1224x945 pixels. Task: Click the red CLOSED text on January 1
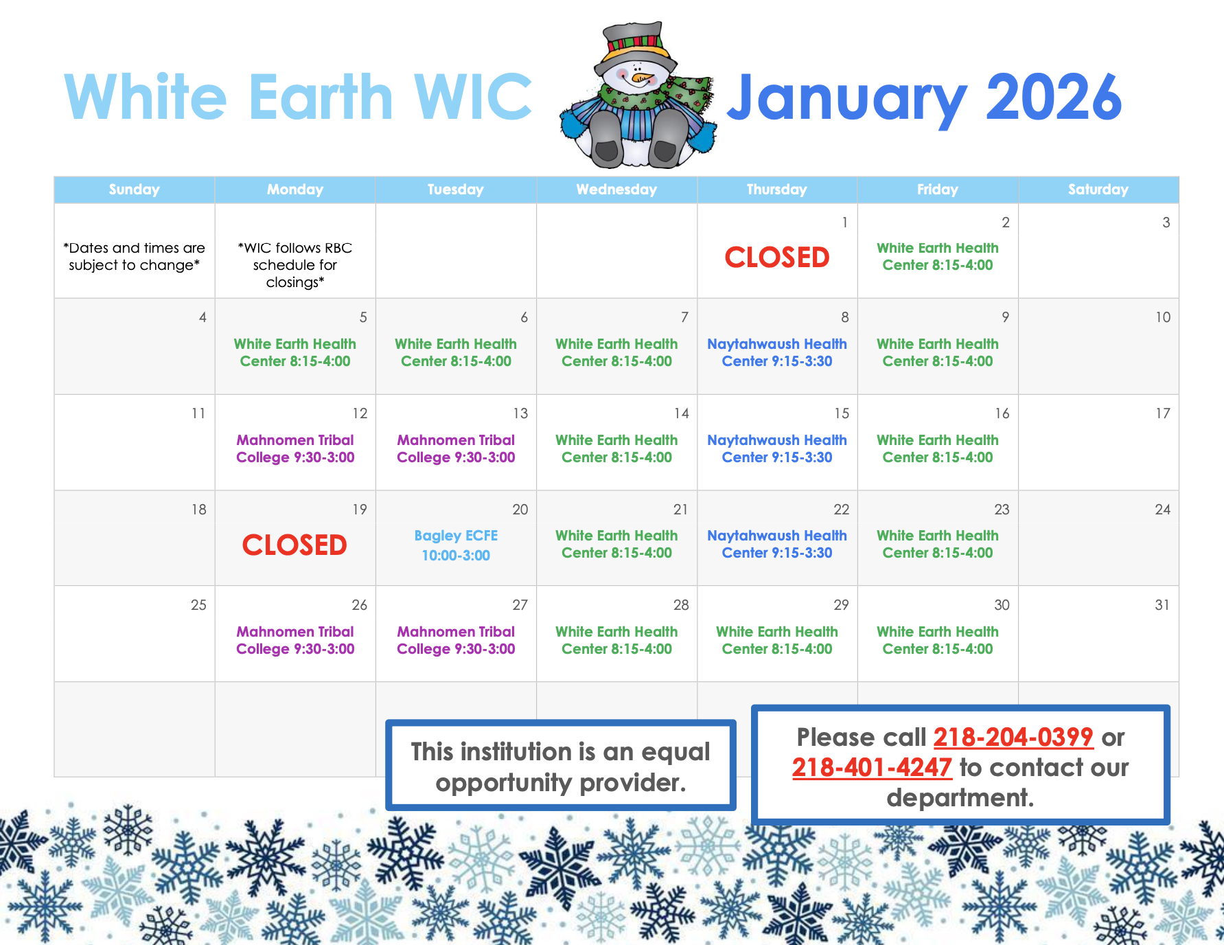pyautogui.click(x=776, y=258)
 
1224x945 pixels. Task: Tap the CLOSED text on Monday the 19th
pyautogui.click(x=295, y=545)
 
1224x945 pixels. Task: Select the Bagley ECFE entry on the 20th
pyautogui.click(x=456, y=545)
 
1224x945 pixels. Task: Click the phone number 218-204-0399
pyautogui.click(x=1013, y=738)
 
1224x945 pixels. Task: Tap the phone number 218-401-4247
pyautogui.click(x=872, y=768)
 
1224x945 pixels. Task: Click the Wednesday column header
pyautogui.click(x=616, y=190)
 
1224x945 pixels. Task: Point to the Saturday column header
pyautogui.click(x=1098, y=190)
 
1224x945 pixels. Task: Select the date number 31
pyautogui.click(x=1162, y=605)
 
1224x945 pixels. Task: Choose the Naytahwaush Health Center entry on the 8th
pyautogui.click(x=776, y=352)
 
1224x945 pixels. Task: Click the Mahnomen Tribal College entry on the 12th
pyautogui.click(x=295, y=448)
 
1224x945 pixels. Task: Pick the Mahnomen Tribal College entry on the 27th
pyautogui.click(x=456, y=640)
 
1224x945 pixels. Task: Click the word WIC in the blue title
pyautogui.click(x=472, y=98)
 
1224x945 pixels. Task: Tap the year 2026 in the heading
pyautogui.click(x=1053, y=98)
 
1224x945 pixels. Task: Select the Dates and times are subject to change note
pyautogui.click(x=134, y=256)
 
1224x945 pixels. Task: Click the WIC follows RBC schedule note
pyautogui.click(x=295, y=264)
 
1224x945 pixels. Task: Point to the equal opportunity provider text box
pyautogui.click(x=560, y=766)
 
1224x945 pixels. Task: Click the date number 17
pyautogui.click(x=1162, y=413)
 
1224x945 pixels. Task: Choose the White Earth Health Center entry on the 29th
pyautogui.click(x=776, y=640)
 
